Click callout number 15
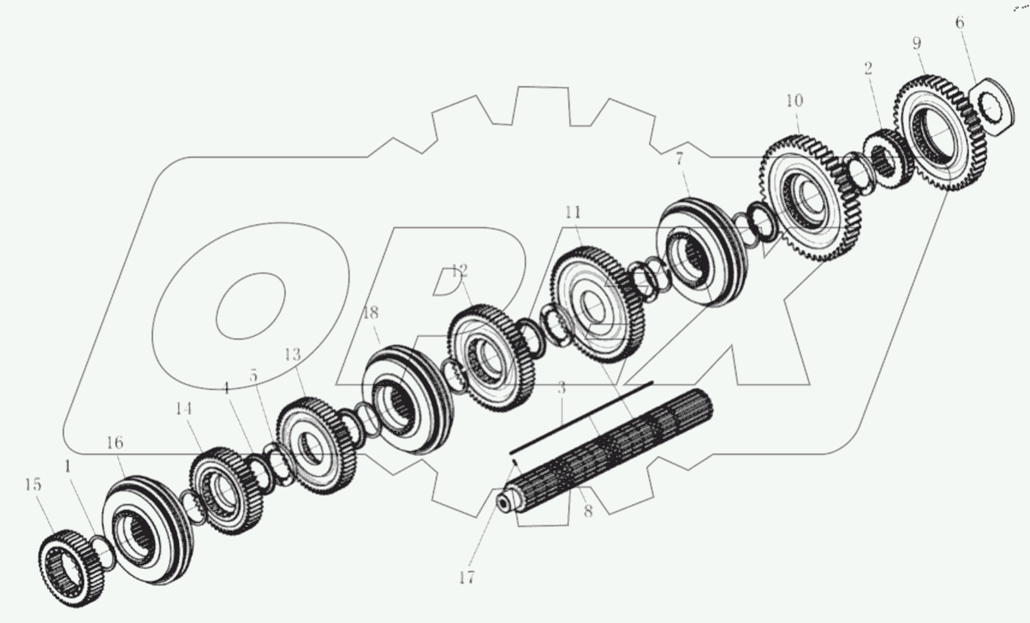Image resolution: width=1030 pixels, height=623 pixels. tap(33, 484)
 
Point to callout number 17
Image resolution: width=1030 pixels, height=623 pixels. tap(466, 577)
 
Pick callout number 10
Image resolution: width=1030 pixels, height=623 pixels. tap(795, 100)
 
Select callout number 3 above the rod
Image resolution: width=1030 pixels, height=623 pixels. tap(562, 389)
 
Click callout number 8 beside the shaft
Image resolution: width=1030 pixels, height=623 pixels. tap(588, 512)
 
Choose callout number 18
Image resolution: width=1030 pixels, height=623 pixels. tap(370, 313)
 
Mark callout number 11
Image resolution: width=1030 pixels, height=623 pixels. tap(573, 212)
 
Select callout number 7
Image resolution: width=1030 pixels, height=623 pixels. tap(679, 159)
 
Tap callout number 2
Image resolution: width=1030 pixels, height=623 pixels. tap(868, 68)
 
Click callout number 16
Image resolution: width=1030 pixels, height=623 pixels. tap(115, 442)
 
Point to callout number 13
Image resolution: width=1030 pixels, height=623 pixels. tap(293, 355)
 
